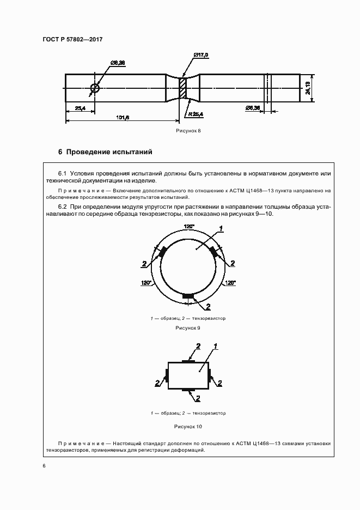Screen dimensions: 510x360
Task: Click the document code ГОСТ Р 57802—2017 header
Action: (x=72, y=39)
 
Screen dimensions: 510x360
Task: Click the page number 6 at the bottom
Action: (x=44, y=465)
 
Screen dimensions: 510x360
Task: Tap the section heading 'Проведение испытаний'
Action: (x=109, y=151)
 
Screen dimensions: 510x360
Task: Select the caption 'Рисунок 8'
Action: (x=188, y=131)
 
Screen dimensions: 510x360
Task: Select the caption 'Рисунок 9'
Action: (x=188, y=328)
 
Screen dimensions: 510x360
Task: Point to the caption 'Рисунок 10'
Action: (x=188, y=426)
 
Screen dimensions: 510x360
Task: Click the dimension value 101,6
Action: (x=123, y=117)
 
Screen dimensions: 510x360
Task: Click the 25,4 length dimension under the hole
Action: (x=79, y=108)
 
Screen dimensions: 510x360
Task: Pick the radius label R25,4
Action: (x=193, y=114)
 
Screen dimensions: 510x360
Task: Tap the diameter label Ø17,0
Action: (x=201, y=56)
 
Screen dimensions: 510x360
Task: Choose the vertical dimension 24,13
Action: (x=308, y=87)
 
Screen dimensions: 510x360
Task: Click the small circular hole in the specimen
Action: (x=95, y=88)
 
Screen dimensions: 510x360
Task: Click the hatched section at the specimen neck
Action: (x=183, y=88)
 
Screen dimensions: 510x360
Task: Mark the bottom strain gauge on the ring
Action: (x=188, y=296)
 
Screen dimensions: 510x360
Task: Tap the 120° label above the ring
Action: (x=188, y=226)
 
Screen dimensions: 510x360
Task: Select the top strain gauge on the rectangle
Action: (x=188, y=361)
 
